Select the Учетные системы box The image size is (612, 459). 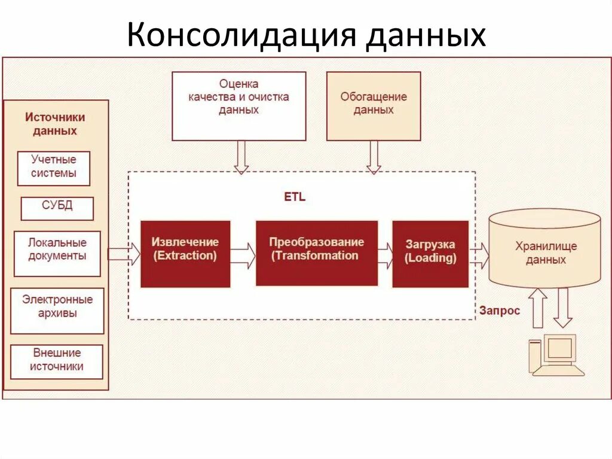click(x=54, y=168)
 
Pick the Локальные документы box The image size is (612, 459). click(x=57, y=253)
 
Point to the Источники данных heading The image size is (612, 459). click(x=55, y=124)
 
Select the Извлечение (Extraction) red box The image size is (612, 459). click(x=185, y=254)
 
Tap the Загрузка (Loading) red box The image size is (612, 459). click(x=430, y=254)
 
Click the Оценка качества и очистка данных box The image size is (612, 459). click(x=238, y=106)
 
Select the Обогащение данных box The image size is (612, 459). click(x=374, y=106)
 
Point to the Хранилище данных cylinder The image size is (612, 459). click(x=545, y=251)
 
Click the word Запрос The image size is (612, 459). click(x=500, y=311)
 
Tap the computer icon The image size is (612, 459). click(x=555, y=356)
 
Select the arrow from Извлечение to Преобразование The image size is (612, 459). click(x=243, y=254)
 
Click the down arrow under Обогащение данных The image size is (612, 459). click(x=374, y=157)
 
